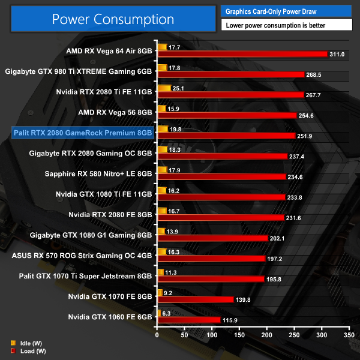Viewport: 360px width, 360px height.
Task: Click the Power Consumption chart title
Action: pyautogui.click(x=113, y=19)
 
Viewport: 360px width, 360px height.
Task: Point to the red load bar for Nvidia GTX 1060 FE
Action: pyautogui.click(x=188, y=320)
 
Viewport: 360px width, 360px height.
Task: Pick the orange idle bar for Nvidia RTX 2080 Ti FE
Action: pyautogui.click(x=163, y=88)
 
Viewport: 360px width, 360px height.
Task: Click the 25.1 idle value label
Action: pyautogui.click(x=179, y=88)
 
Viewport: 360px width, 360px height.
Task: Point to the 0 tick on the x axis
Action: pyautogui.click(x=157, y=335)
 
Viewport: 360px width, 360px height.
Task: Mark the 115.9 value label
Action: pyautogui.click(x=230, y=320)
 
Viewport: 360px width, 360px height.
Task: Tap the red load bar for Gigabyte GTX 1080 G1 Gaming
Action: pyautogui.click(x=212, y=238)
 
